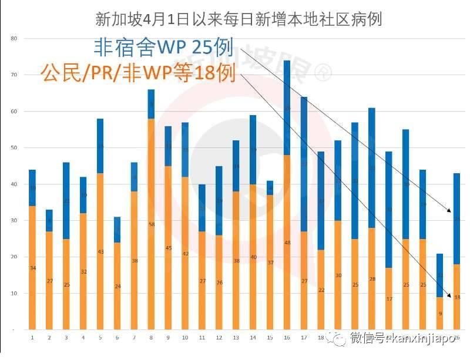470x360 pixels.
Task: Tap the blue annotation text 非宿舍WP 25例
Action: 164,48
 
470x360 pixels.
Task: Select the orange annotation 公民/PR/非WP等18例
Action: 138,73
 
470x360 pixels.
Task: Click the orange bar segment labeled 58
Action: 151,223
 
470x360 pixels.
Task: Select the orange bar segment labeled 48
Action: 287,241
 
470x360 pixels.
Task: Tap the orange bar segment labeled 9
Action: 439,312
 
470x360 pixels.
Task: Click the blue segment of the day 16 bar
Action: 287,107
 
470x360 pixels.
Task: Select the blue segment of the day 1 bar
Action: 32,187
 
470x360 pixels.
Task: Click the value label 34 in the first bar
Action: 32,268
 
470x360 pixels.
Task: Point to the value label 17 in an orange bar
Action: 388,299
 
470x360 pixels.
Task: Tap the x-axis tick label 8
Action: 151,338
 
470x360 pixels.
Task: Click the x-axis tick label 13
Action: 236,338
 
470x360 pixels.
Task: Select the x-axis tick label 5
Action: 100,338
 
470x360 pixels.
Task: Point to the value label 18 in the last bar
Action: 456,297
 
